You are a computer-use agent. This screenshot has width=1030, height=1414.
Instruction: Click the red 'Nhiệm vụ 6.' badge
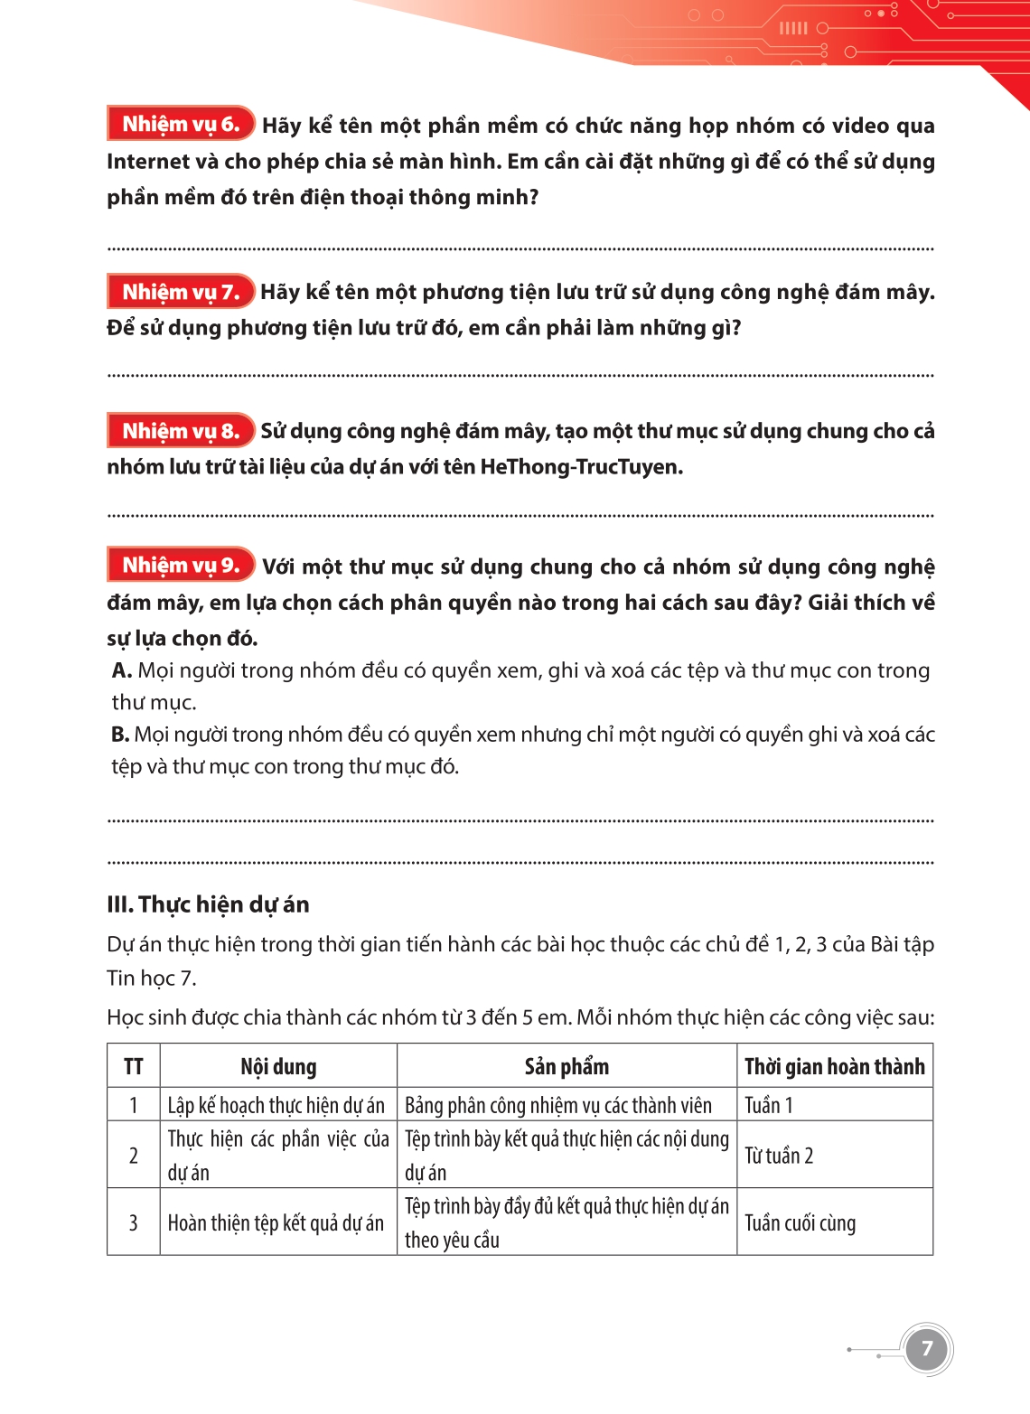(181, 124)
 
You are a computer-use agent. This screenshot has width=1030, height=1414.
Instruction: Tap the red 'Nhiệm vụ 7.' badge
(181, 292)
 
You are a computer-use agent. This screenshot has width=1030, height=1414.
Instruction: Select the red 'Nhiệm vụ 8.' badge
(181, 431)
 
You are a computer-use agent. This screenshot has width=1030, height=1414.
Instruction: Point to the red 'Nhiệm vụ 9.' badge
(181, 566)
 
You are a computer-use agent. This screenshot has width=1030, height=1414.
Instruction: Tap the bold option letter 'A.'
(122, 670)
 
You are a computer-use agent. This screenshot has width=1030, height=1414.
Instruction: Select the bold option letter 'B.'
(120, 735)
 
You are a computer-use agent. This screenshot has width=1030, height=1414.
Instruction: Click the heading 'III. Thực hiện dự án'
(208, 904)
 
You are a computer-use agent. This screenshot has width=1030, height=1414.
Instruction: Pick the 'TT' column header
(134, 1066)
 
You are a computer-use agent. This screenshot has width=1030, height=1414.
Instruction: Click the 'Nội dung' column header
(278, 1066)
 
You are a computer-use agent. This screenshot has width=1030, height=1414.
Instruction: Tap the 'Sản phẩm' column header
(566, 1066)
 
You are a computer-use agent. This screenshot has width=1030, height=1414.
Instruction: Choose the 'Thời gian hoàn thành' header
(834, 1066)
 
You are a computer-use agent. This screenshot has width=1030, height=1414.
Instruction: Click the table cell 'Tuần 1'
(769, 1105)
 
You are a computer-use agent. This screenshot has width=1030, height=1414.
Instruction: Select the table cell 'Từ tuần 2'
(779, 1156)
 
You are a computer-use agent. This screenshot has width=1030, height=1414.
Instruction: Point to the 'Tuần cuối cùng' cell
(800, 1222)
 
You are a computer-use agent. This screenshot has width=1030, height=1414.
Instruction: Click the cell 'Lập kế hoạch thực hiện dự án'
(276, 1105)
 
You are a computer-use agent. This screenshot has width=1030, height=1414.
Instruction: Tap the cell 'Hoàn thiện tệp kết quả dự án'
(276, 1222)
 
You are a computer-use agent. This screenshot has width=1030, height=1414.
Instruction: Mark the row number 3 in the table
(134, 1222)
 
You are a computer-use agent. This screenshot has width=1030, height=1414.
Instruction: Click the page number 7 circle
(926, 1350)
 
